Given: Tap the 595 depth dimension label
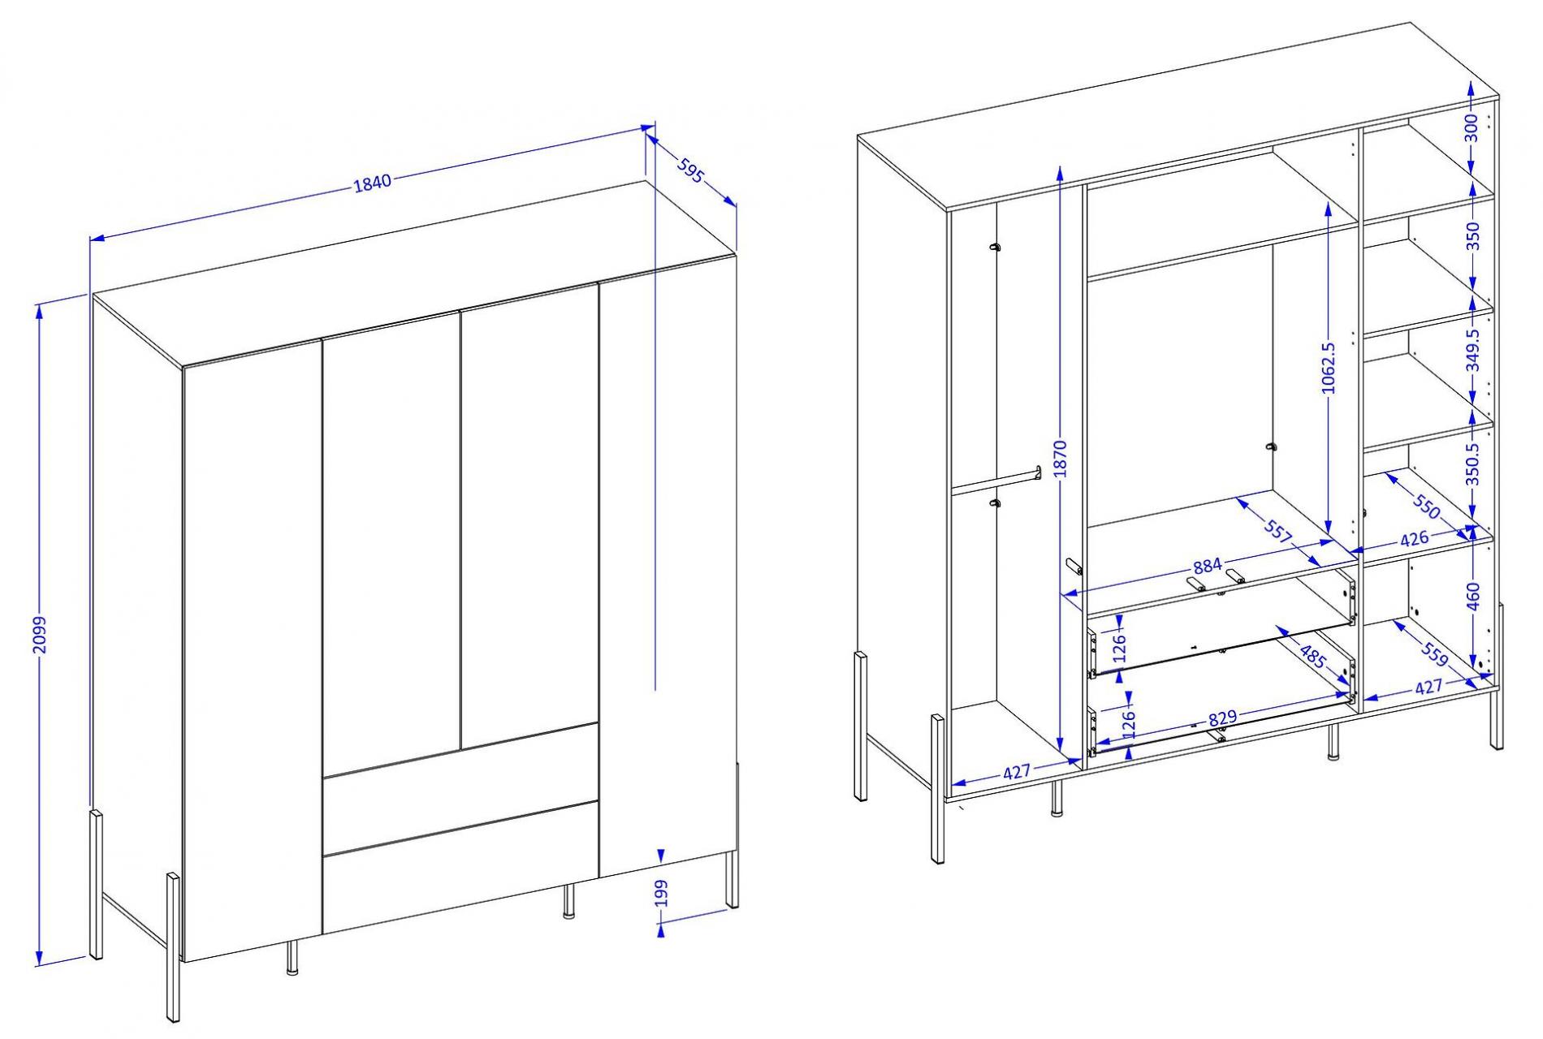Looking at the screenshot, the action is tap(689, 171).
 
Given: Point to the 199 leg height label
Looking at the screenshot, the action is tap(661, 893).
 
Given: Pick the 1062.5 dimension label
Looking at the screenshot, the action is tap(1329, 368).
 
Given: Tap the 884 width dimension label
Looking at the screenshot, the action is tap(1208, 566).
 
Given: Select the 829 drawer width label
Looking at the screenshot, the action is tap(1222, 718).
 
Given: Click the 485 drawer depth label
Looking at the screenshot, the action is tap(1313, 656).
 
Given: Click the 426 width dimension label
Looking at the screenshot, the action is tap(1414, 538).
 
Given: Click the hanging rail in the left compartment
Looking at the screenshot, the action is tap(996, 480).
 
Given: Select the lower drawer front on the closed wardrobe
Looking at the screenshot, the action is tap(460, 866).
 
